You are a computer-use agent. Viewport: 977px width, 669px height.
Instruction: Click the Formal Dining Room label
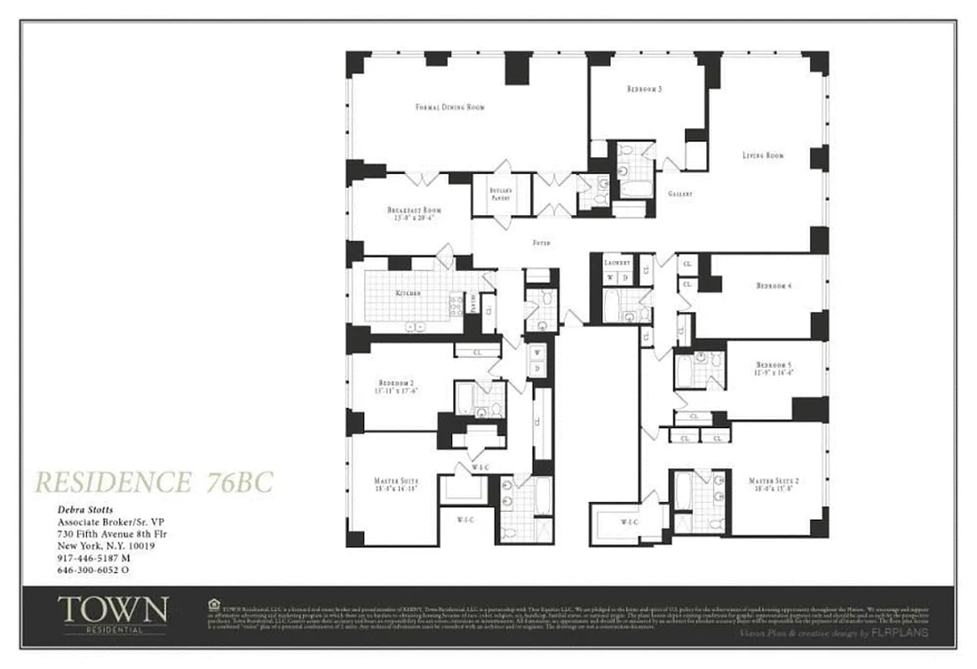450,107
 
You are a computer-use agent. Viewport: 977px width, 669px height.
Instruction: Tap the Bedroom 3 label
644,89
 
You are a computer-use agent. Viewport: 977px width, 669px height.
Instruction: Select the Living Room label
763,156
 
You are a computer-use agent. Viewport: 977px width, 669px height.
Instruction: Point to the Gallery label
679,194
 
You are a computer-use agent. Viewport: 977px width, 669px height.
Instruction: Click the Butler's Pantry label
501,195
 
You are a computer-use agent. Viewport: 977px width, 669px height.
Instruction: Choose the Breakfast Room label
414,211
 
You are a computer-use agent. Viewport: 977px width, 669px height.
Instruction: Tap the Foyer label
541,243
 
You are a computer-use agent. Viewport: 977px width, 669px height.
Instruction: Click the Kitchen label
408,294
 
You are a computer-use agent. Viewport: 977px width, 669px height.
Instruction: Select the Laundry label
617,263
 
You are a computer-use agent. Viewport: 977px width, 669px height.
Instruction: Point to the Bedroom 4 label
773,286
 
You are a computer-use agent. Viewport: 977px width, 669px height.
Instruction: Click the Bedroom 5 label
773,365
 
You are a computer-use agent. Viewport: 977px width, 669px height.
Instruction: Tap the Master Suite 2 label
774,481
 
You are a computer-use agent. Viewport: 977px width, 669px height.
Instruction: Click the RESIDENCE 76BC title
153,482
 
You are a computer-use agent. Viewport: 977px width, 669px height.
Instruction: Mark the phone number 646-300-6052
92,570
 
